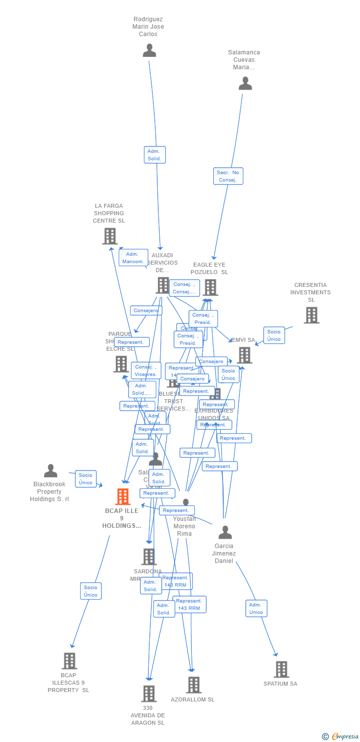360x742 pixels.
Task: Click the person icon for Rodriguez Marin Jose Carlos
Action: point(149,50)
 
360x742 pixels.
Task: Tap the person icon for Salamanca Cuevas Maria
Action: point(245,84)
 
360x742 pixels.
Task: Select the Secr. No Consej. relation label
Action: point(228,176)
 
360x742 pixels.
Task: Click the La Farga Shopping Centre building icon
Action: point(110,236)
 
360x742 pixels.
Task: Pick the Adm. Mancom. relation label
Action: point(133,258)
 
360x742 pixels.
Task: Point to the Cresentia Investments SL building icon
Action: point(311,315)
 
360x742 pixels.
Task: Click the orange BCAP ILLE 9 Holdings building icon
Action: point(122,496)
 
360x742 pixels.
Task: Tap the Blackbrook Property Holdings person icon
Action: point(50,471)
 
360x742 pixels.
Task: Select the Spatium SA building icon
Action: point(281,669)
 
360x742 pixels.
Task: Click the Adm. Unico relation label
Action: point(256,608)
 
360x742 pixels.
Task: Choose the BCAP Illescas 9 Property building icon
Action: point(69,660)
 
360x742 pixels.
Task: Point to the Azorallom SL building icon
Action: point(193,685)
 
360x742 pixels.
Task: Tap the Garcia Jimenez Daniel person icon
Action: point(225,532)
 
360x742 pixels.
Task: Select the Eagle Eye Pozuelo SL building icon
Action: point(210,287)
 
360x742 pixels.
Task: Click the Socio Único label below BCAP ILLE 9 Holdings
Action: point(91,591)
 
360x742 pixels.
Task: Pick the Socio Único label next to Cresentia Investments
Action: point(274,335)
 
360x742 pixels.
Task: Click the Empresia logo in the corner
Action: point(341,737)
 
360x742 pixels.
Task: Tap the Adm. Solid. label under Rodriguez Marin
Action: point(155,155)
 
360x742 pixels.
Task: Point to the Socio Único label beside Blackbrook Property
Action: point(86,479)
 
